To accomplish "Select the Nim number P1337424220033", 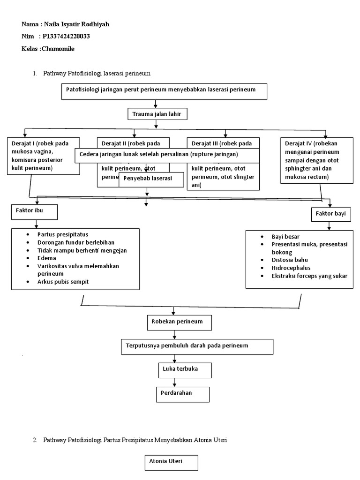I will pyautogui.click(x=66, y=37).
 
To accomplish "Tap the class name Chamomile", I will pyautogui.click(x=58, y=49).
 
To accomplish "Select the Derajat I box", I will pyautogui.click(x=44, y=156).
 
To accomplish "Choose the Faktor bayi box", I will pyautogui.click(x=328, y=214).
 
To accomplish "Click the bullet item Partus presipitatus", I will pyautogui.click(x=63, y=234).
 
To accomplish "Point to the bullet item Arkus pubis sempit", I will pyautogui.click(x=63, y=281).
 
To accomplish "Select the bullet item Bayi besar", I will pyautogui.click(x=285, y=237).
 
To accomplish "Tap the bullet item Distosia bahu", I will pyautogui.click(x=290, y=260).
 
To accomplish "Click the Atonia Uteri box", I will pyautogui.click(x=171, y=463).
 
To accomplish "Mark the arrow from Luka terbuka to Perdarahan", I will pyautogui.click(x=174, y=382).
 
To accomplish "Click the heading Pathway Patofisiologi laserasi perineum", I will pyautogui.click(x=97, y=74).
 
